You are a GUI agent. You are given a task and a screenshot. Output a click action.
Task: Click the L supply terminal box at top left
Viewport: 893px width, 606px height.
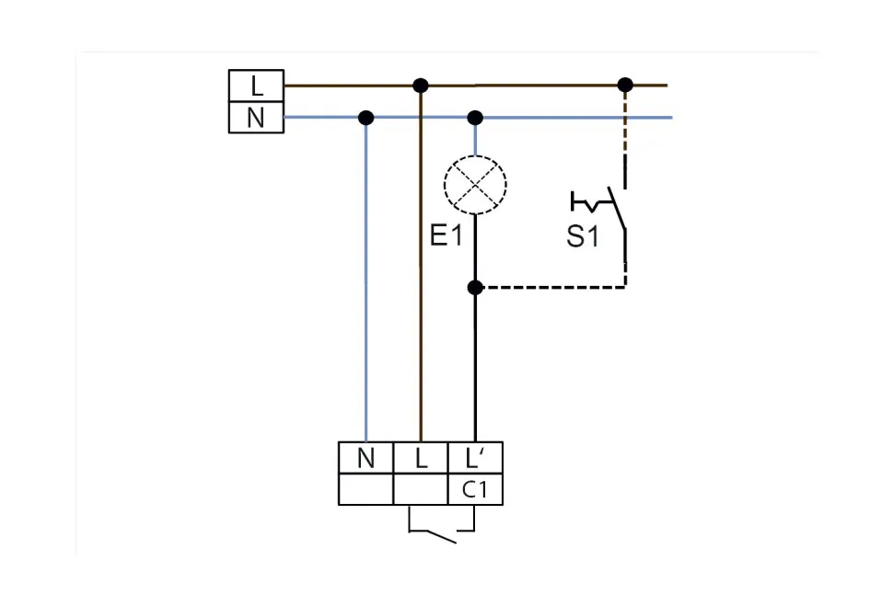coord(256,86)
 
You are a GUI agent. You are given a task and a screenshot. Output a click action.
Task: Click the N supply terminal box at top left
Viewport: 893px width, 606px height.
coord(256,119)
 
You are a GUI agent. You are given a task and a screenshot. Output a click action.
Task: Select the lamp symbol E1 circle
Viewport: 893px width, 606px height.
coord(475,185)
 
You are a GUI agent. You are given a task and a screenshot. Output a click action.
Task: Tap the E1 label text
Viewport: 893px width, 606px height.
coord(446,236)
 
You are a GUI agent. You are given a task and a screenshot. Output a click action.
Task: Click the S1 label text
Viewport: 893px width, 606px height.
coord(582,236)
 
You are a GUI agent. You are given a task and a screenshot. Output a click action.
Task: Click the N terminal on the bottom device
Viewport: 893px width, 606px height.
coord(365,458)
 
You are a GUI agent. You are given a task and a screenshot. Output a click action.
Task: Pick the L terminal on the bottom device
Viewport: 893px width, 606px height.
coord(421,458)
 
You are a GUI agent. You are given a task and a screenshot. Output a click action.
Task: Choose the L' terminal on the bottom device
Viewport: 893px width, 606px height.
coord(475,458)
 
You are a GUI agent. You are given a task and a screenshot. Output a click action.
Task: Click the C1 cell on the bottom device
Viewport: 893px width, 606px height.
coord(475,490)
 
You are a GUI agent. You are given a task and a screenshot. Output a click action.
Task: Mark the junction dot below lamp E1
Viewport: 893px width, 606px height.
coord(475,288)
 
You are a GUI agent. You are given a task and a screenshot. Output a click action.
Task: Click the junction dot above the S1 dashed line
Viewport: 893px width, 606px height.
coord(625,86)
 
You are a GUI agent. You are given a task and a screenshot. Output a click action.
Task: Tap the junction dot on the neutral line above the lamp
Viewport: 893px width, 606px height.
coord(475,118)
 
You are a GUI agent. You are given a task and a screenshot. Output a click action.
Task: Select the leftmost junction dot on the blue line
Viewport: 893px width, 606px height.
coord(365,118)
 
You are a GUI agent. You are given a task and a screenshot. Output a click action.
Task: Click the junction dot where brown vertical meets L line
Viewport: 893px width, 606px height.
coord(421,86)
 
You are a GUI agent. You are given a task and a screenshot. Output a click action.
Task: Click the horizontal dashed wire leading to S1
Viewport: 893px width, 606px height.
coord(552,288)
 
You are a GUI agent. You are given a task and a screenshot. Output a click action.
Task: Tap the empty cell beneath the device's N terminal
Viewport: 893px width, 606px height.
coord(365,490)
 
